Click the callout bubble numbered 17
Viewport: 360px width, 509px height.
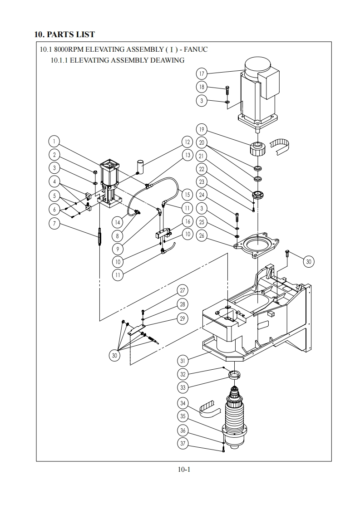(x=202, y=73)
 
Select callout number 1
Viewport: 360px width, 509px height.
(x=54, y=142)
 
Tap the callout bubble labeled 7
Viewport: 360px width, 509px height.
(x=54, y=223)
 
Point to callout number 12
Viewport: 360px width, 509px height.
(x=187, y=142)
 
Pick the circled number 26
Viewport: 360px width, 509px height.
(x=202, y=235)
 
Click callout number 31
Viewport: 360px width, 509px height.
(x=183, y=360)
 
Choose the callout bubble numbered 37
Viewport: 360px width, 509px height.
(x=183, y=443)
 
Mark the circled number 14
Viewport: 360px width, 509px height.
(x=118, y=222)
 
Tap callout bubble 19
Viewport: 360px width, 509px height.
(x=202, y=130)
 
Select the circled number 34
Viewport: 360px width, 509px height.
(x=183, y=403)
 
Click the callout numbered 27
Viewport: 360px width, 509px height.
(x=182, y=290)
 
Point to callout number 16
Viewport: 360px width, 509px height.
(x=187, y=221)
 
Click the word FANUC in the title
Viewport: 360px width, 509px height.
(x=196, y=49)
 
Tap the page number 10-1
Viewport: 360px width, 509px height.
(x=184, y=470)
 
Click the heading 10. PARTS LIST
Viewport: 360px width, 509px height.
(x=64, y=34)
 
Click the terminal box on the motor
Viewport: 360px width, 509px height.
(x=268, y=84)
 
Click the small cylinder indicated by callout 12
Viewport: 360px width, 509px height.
(x=141, y=166)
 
